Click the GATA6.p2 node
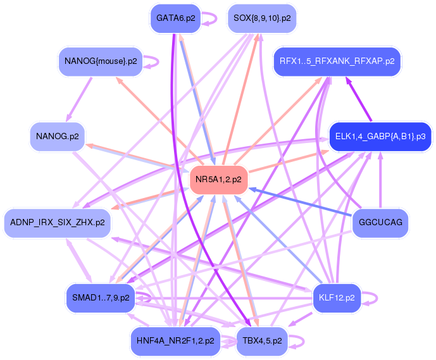(x=175, y=18)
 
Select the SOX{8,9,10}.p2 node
(x=262, y=18)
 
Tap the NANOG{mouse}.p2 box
(x=101, y=61)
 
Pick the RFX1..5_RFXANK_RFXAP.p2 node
(x=337, y=61)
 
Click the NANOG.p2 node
(x=58, y=137)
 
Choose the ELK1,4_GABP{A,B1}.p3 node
(x=380, y=137)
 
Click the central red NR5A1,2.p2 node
(x=218, y=180)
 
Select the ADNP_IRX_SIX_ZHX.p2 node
(x=58, y=223)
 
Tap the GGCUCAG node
(x=380, y=223)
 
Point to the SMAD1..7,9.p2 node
(x=101, y=298)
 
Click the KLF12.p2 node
(x=337, y=298)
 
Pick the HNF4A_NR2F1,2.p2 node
(x=175, y=341)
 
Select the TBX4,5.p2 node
(x=262, y=341)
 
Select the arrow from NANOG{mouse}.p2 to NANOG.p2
(x=79, y=99)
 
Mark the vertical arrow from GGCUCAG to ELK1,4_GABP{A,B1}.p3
(x=380, y=180)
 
